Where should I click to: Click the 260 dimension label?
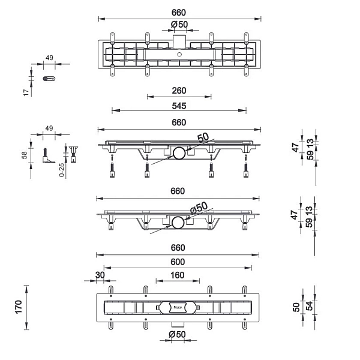(179, 91)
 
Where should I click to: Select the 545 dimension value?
(179, 106)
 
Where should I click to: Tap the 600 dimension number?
(178, 262)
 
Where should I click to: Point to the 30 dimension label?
(99, 275)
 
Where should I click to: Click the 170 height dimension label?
(19, 307)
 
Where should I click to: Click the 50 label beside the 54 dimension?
(296, 307)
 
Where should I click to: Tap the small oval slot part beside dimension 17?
(50, 78)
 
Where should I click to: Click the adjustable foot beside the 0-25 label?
(74, 155)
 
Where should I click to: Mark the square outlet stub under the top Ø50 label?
(179, 39)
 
